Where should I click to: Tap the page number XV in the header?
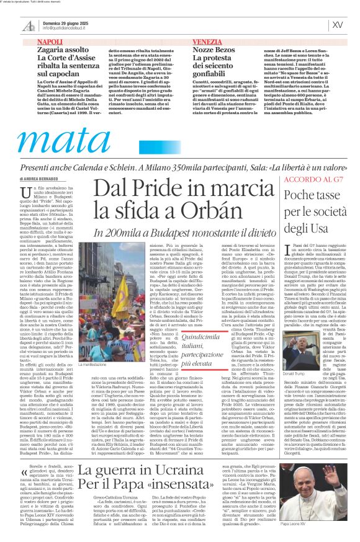(338, 25)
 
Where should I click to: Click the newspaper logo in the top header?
(29, 25)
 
